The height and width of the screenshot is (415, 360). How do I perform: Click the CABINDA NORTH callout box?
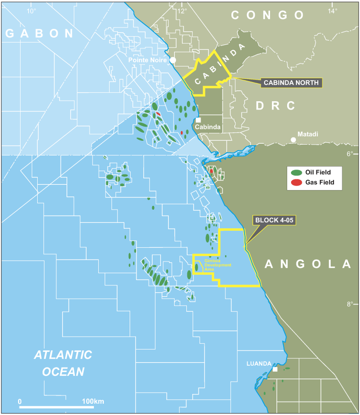click(291, 83)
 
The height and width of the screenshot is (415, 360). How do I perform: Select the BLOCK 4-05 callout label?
click(274, 220)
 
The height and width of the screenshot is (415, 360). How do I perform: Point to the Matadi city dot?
click(293, 140)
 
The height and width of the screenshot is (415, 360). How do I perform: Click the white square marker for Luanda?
click(275, 370)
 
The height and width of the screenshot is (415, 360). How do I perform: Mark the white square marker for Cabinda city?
click(198, 120)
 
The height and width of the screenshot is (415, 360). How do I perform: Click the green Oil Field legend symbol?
click(296, 173)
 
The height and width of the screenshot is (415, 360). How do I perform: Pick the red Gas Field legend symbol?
click(296, 182)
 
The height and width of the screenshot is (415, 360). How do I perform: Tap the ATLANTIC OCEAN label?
click(63, 363)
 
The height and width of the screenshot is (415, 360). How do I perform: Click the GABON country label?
click(39, 33)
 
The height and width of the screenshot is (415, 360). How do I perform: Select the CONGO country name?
click(268, 15)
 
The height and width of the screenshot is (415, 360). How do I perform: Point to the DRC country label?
click(276, 106)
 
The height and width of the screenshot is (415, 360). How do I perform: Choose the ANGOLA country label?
click(308, 264)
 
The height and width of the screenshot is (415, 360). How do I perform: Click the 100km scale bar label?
click(93, 401)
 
